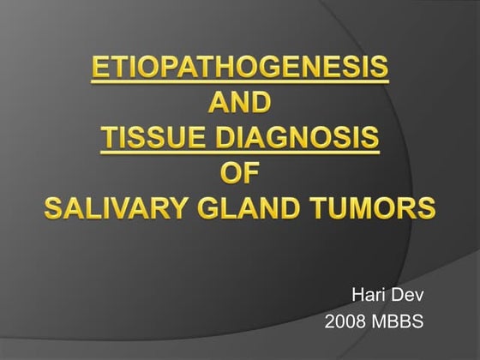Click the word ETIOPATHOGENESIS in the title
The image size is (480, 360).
tap(239, 68)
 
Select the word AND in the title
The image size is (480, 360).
tap(240, 103)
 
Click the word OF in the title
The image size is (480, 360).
tap(239, 173)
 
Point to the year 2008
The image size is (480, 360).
tap(345, 323)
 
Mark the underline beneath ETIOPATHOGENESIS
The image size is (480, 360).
tap(239, 82)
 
